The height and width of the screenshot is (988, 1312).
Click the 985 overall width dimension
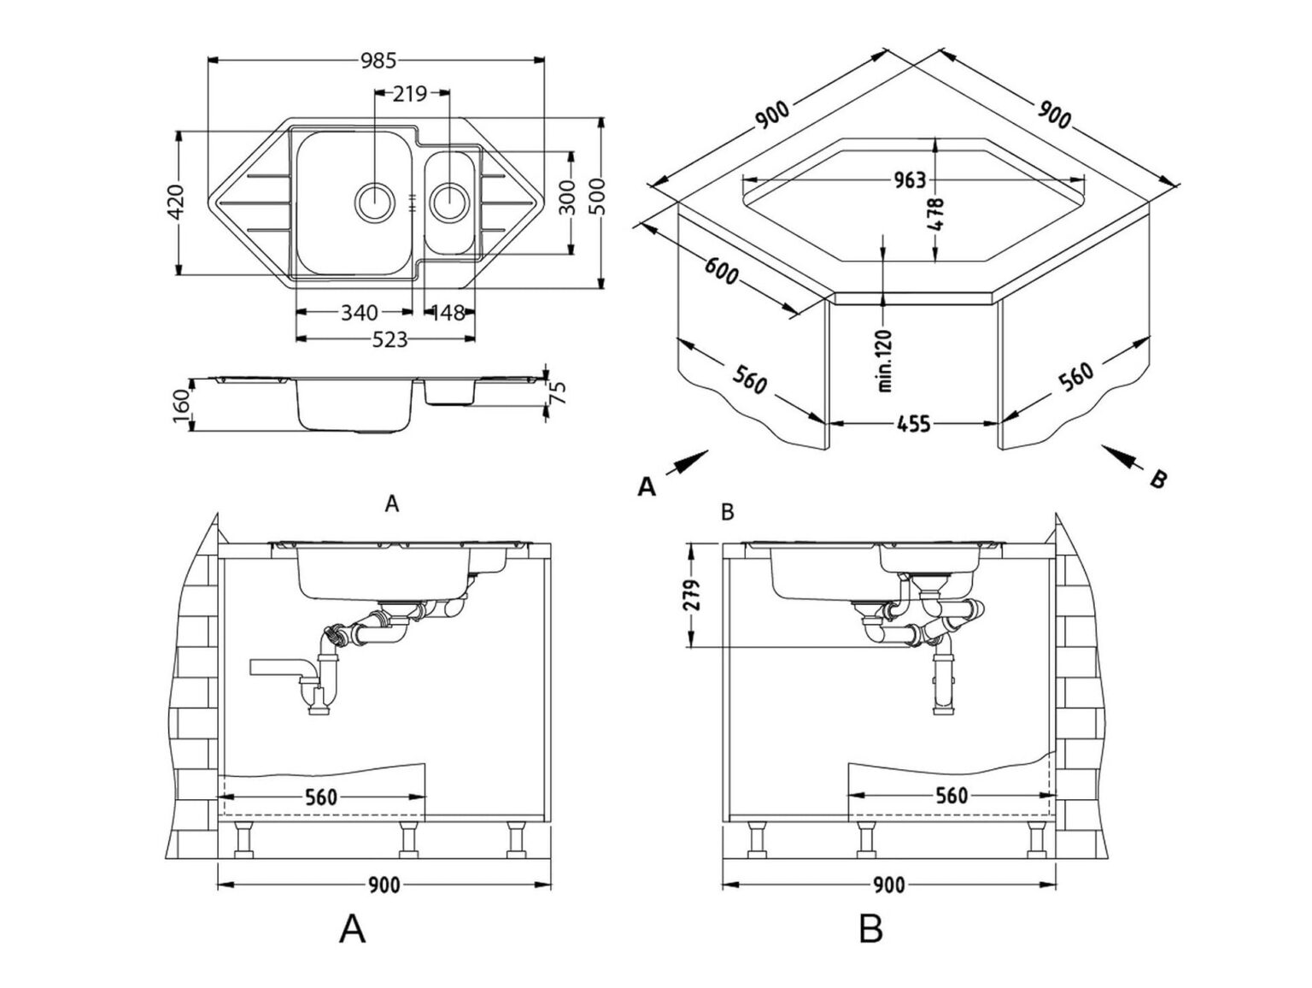378,61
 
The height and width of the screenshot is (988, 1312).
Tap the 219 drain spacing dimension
410,93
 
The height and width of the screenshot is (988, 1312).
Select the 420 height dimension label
175,202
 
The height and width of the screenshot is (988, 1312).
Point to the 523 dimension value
390,339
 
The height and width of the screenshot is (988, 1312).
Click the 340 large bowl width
360,313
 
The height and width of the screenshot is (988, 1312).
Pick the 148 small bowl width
447,313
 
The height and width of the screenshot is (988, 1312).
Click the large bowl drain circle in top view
374,203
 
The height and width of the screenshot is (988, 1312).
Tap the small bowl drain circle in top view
450,203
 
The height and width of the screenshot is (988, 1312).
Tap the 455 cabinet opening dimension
913,423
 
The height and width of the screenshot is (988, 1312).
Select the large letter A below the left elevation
352,928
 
